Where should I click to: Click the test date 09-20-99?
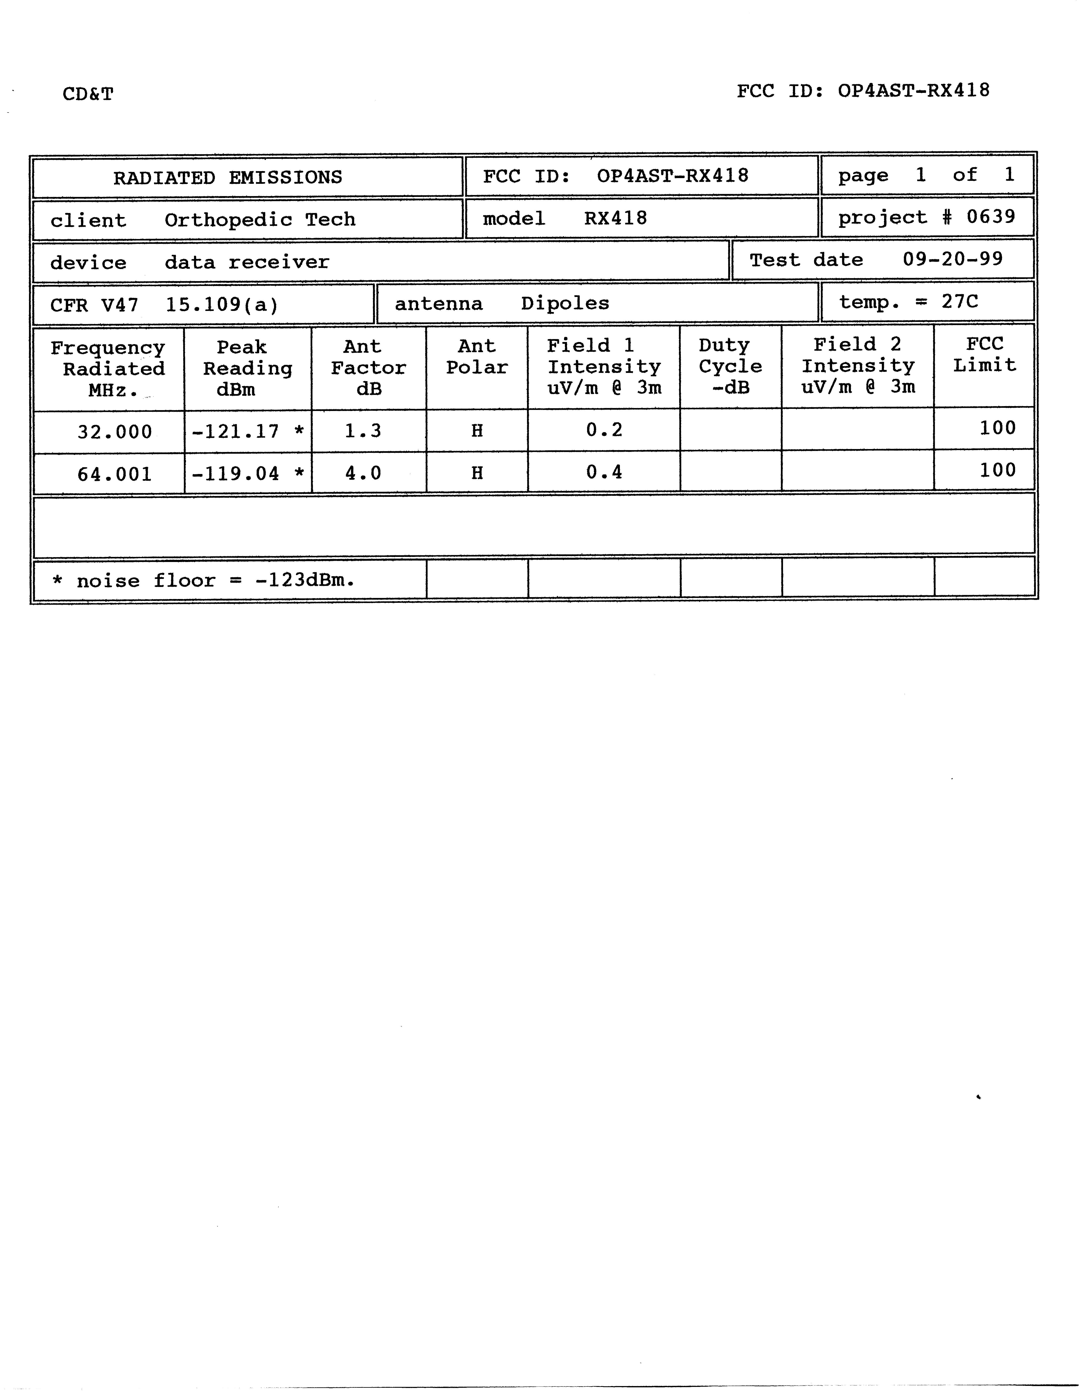click(x=952, y=259)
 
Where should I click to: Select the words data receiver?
click(x=247, y=262)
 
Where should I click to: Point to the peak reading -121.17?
click(x=235, y=431)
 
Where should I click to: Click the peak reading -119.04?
click(x=235, y=474)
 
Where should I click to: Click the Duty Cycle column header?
click(x=730, y=366)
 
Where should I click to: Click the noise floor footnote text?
click(x=203, y=580)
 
